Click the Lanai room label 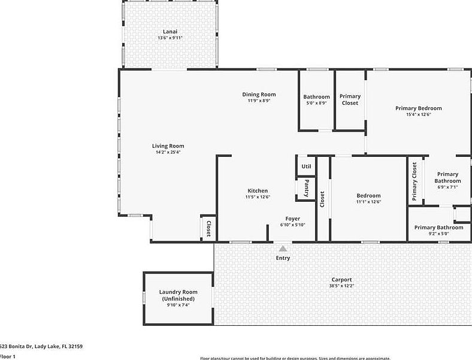pos(170,31)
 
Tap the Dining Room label pos(259,94)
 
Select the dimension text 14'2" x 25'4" pos(168,152)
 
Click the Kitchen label pos(258,190)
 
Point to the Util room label pos(306,167)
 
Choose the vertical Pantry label pos(306,188)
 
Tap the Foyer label pos(292,219)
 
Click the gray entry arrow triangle pos(282,247)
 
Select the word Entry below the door pos(283,258)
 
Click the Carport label pos(341,280)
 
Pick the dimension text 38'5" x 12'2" pos(341,286)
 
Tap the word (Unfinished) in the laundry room pos(178,298)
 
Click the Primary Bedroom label pos(418,108)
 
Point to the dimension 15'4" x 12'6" pos(418,114)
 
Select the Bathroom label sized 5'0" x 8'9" pos(316,97)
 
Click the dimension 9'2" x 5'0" pos(438,234)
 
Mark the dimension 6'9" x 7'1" pos(447,187)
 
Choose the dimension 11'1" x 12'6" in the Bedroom pos(368,202)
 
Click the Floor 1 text pos(7,356)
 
